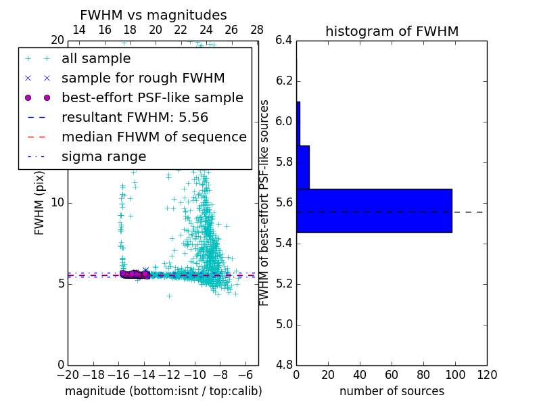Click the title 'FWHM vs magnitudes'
point(153,15)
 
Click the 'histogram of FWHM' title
point(392,31)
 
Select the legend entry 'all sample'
point(96,59)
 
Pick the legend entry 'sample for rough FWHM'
point(143,78)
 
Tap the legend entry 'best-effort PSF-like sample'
point(152,98)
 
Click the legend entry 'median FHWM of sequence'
point(154,137)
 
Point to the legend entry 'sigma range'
point(103,157)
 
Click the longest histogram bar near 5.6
point(374,210)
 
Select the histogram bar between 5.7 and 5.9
point(303,167)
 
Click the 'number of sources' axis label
point(392,391)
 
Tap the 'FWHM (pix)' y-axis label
point(40,202)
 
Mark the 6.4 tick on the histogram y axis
point(284,41)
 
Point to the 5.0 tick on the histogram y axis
point(284,324)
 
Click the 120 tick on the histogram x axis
point(487,374)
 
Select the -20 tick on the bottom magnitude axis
point(68,374)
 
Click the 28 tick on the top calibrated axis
point(257,30)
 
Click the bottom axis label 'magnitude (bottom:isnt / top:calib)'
point(163,391)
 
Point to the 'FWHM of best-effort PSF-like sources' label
point(265,202)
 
